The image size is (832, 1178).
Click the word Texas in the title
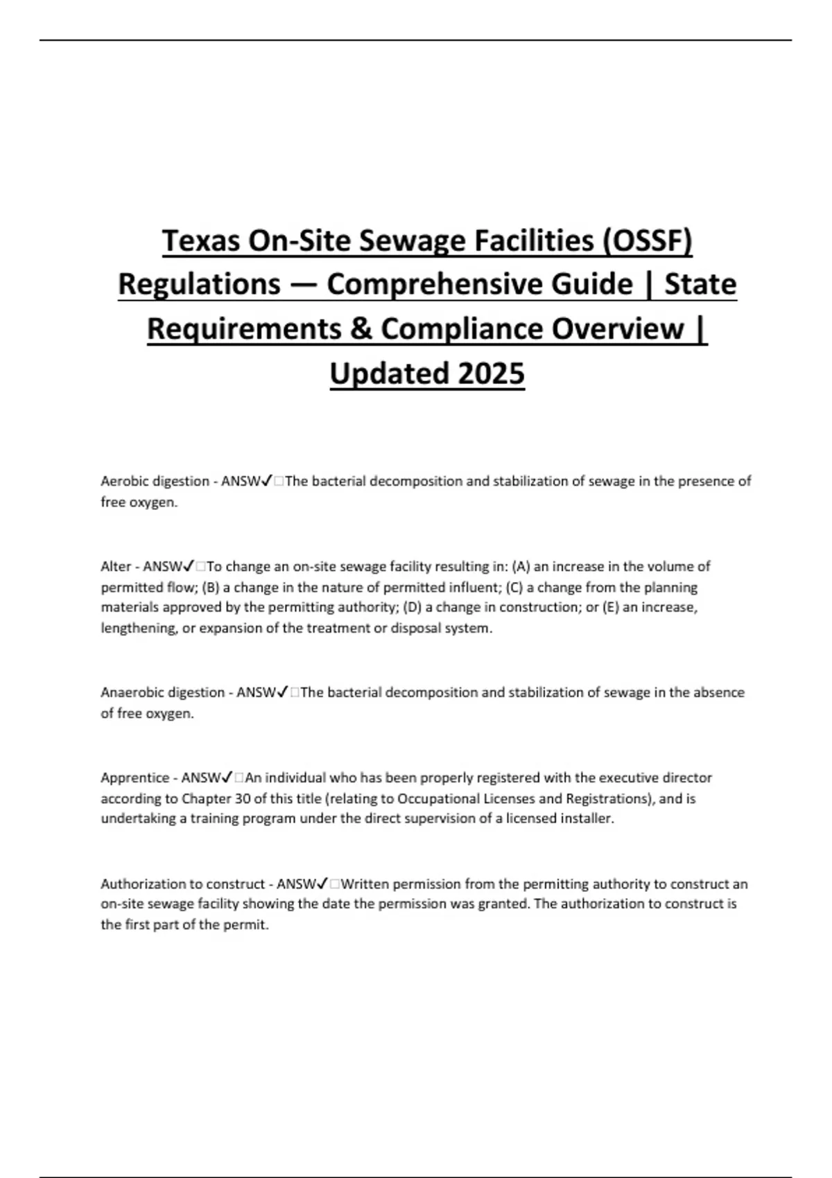[x=200, y=241]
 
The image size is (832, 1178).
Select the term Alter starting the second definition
[x=115, y=566]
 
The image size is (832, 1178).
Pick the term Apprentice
[x=135, y=777]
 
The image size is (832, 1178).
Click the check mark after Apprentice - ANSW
[x=228, y=777]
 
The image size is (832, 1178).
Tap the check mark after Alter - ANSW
[x=190, y=566]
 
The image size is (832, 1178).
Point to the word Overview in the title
[x=618, y=329]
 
